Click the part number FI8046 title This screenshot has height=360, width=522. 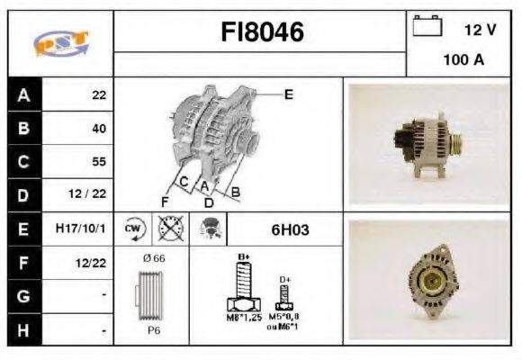click(x=262, y=32)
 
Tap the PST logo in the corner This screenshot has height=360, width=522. click(x=59, y=43)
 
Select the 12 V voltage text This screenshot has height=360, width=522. click(x=480, y=30)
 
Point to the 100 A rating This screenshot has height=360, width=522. click(x=463, y=61)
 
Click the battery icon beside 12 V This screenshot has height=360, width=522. click(x=427, y=28)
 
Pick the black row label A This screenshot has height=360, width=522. click(x=23, y=94)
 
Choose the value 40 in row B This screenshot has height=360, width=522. click(x=98, y=128)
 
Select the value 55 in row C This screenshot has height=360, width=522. click(x=98, y=162)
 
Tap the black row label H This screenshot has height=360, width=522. click(x=23, y=330)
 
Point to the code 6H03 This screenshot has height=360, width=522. click(x=290, y=229)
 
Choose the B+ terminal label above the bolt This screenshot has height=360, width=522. click(x=242, y=257)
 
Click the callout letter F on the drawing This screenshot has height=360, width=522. click(x=166, y=200)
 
